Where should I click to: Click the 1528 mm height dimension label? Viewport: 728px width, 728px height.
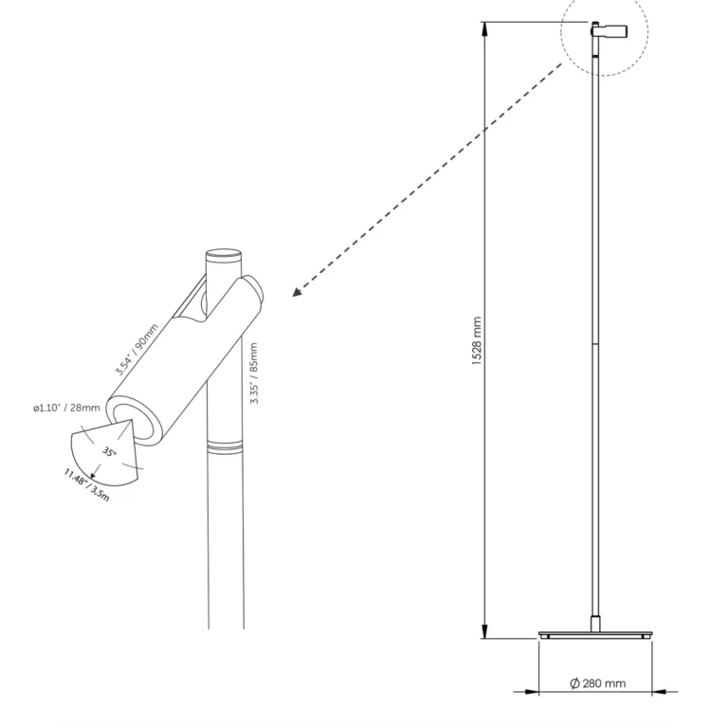(477, 341)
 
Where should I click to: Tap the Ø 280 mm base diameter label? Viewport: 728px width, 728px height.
(597, 683)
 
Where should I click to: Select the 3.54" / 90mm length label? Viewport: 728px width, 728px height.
(136, 349)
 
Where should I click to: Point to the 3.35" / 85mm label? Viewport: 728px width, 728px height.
(254, 373)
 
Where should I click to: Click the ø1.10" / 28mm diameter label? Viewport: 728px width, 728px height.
(66, 409)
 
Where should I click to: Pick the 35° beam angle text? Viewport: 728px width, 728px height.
(110, 451)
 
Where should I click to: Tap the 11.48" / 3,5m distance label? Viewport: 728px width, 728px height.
(87, 485)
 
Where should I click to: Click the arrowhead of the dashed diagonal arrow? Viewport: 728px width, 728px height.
(297, 292)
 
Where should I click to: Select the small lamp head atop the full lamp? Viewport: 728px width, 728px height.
(610, 31)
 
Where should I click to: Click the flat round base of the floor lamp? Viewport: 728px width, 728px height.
(595, 634)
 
